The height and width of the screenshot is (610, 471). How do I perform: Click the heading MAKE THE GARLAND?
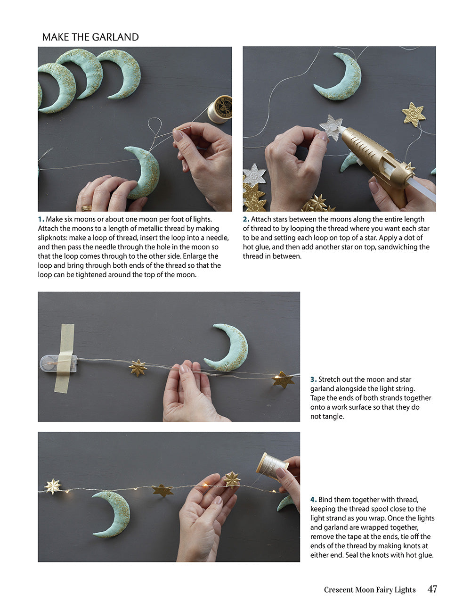pos(90,37)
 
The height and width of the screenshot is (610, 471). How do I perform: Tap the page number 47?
pos(432,589)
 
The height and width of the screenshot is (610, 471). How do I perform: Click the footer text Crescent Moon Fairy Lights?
pos(369,590)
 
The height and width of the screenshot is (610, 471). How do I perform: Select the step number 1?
pos(41,219)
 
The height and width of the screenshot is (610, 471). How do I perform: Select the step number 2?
pos(246,219)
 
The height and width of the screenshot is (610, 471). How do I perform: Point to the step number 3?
pos(313,379)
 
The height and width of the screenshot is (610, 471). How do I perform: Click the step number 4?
pos(313,500)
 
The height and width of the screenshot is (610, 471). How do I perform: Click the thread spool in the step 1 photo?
pos(220,108)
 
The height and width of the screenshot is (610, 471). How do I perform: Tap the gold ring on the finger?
pos(87,207)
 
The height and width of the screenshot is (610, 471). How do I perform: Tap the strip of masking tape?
pos(65,358)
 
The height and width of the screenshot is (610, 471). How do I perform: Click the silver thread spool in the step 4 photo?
pos(272,465)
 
